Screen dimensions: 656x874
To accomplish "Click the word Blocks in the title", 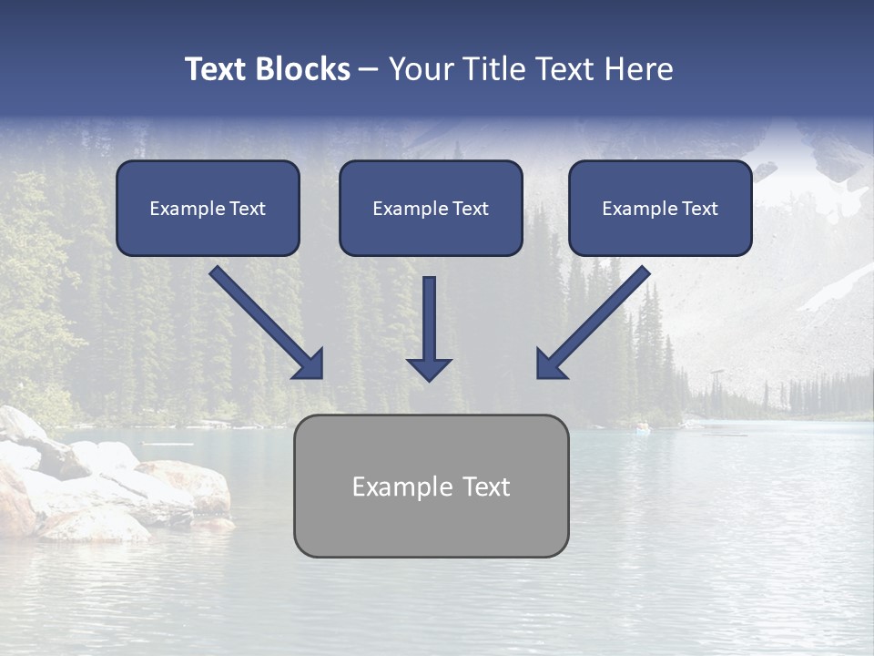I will point(303,69).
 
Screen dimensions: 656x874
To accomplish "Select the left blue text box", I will point(208,209).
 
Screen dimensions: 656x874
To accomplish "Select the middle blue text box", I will point(431,209).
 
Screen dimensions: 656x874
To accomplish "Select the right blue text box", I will point(660,209).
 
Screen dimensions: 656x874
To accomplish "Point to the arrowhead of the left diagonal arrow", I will point(310,364).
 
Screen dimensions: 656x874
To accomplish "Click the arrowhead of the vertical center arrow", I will point(429,369).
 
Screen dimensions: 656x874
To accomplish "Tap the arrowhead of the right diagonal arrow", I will point(550,364).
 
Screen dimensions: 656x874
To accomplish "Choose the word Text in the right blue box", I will point(700,209).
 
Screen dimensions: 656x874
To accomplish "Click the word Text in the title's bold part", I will point(216,69).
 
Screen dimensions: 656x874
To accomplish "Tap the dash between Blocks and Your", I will point(369,69).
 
